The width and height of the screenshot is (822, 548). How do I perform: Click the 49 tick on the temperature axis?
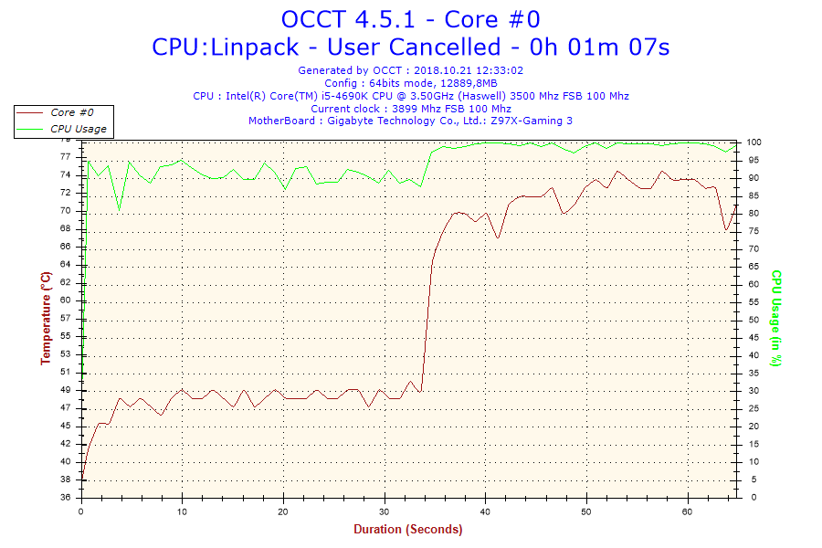coord(66,390)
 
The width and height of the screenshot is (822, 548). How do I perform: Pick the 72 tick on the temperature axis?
coord(66,193)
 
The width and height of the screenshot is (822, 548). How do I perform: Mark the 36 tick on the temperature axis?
coord(66,498)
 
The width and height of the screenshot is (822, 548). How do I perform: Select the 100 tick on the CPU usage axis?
coord(754,142)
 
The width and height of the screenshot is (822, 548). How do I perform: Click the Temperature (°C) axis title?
coord(46,318)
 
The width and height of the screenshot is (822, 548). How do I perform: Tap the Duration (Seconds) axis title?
coord(408,530)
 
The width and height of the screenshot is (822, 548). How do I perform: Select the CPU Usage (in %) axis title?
coord(775,318)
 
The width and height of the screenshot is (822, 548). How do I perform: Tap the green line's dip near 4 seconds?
coord(119,211)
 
